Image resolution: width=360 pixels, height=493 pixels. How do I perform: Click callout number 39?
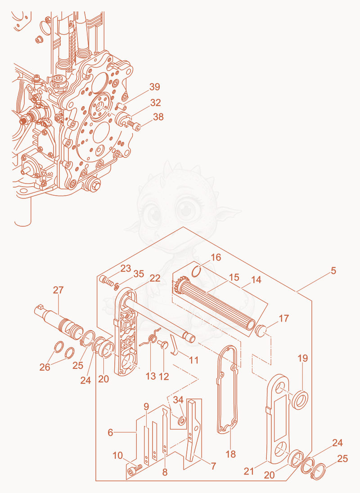(154, 87)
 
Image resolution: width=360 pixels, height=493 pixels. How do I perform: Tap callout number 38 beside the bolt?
(158, 117)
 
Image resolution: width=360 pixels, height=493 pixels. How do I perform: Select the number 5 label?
(333, 270)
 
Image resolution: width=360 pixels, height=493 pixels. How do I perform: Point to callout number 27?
(58, 290)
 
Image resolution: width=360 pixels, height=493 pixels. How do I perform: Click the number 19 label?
(303, 358)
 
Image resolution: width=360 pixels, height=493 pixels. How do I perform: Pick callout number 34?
(178, 400)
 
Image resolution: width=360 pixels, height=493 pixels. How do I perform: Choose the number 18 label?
(231, 454)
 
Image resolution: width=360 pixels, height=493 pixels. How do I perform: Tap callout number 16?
(216, 257)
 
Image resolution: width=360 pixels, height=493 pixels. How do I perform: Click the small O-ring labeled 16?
(197, 271)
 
